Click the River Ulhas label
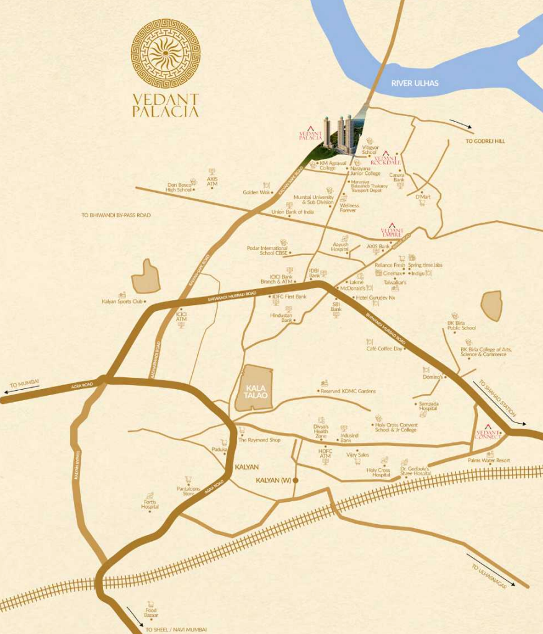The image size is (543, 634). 415,83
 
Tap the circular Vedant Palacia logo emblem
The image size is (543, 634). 166,53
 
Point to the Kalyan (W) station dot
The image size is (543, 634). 296,481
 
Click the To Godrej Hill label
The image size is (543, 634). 485,141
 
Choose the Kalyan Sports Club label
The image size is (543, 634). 122,301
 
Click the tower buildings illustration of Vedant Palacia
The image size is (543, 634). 338,133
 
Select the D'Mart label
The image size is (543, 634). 423,197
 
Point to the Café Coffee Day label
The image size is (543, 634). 385,349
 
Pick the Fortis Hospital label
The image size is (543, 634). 150,504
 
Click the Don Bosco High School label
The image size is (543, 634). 179,187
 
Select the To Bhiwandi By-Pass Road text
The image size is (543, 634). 116,215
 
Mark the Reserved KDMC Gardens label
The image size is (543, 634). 348,391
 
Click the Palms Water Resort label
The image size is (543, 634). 489,460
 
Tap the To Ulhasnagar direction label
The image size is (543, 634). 488,577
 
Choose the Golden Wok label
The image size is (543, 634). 257,192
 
